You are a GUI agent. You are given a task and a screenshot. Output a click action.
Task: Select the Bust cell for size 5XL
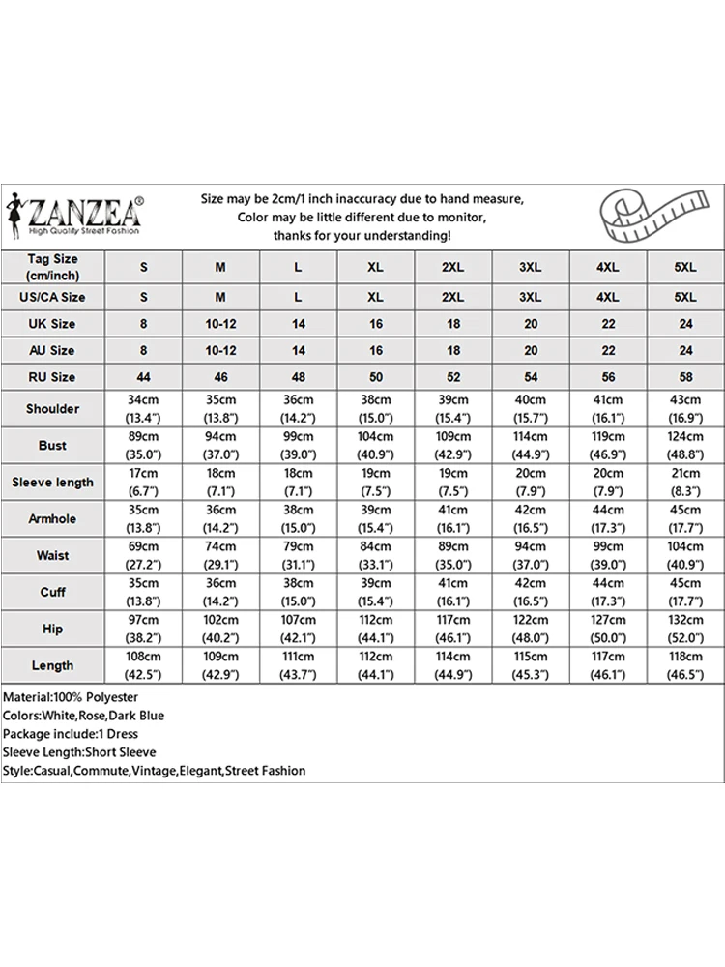685,446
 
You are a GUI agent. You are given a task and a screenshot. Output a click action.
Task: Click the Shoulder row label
52,409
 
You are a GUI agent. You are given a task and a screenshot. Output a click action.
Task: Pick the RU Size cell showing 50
376,377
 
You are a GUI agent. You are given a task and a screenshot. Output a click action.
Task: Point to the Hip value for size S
143,629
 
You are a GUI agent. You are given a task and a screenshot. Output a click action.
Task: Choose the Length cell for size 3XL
531,665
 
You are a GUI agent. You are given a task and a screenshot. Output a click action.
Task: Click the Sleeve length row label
52,483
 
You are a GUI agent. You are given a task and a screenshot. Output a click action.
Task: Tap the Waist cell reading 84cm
376,556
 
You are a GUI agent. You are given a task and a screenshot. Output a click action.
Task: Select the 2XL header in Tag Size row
453,267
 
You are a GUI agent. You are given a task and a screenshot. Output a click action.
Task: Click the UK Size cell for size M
220,324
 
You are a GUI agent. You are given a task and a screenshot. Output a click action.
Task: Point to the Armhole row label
52,519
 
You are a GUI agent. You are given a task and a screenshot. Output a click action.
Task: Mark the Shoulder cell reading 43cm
685,409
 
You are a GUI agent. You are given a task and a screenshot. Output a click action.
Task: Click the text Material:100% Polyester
71,697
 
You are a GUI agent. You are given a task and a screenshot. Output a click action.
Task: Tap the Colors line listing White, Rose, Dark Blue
83,716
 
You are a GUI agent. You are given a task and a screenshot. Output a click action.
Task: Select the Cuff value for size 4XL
608,592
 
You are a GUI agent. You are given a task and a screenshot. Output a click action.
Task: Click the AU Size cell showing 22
608,351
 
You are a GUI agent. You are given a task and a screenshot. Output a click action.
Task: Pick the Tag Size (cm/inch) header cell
52,267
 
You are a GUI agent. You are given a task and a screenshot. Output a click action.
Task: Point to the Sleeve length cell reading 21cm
685,483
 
